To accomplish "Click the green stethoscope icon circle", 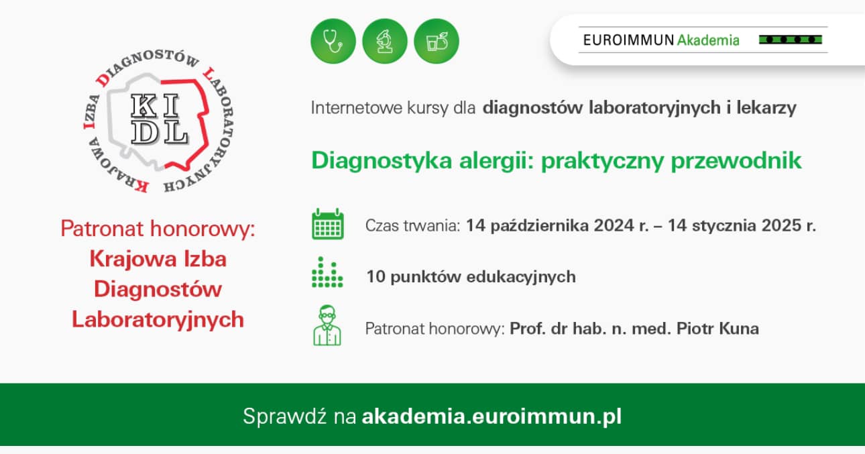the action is point(333,41).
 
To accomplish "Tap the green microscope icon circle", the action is point(385,41).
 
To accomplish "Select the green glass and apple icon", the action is point(437,41).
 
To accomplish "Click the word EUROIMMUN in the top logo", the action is point(629,40).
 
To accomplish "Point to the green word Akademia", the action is point(708,40).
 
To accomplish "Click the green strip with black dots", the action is point(791,40).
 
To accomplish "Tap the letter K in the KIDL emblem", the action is point(144,106).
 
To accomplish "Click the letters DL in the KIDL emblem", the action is point(160,133).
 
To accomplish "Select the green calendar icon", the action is point(327,224).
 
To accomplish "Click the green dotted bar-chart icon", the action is point(327,272).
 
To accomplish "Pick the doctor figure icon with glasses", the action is point(327,325).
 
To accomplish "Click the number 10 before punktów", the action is point(376,277).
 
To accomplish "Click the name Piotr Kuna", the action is point(717,329).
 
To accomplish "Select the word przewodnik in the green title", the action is point(736,161).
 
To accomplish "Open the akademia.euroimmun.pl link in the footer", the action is point(492,416).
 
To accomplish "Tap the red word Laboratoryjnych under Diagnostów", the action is point(158,321).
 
